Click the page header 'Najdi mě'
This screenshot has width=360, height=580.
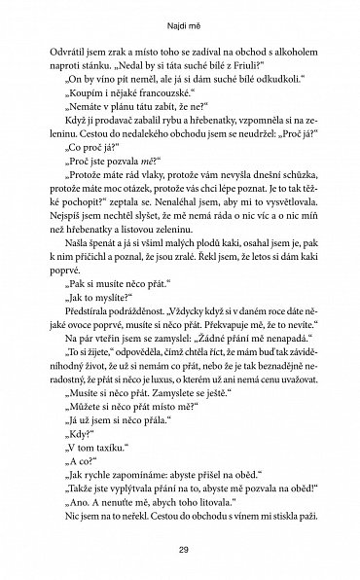click(180, 17)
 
